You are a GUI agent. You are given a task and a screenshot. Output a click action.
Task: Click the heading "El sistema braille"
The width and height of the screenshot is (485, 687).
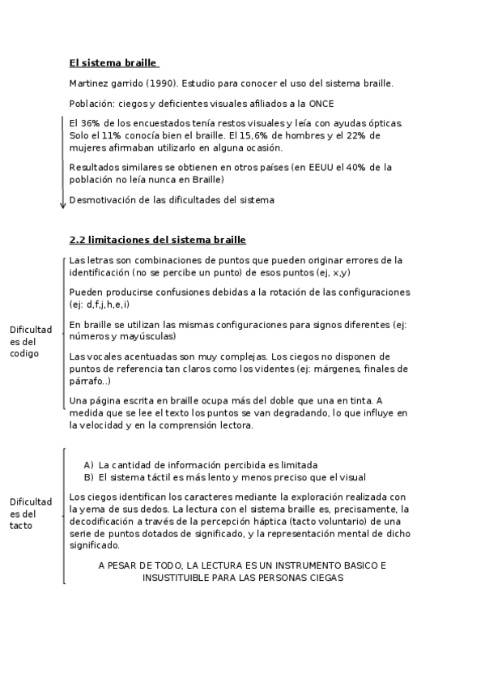113,63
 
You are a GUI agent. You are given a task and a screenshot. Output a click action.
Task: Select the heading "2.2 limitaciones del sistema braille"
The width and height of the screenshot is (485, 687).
158,240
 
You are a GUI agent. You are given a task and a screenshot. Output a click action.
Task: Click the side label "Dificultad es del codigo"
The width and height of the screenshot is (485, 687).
31,341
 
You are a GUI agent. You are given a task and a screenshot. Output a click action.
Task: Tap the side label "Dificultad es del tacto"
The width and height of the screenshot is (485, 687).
31,514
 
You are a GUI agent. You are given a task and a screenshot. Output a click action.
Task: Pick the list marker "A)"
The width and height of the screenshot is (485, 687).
89,465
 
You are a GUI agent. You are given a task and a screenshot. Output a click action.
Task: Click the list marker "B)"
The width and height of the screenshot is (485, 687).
89,476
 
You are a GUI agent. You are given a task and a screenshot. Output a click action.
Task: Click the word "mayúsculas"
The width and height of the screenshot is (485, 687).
148,335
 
